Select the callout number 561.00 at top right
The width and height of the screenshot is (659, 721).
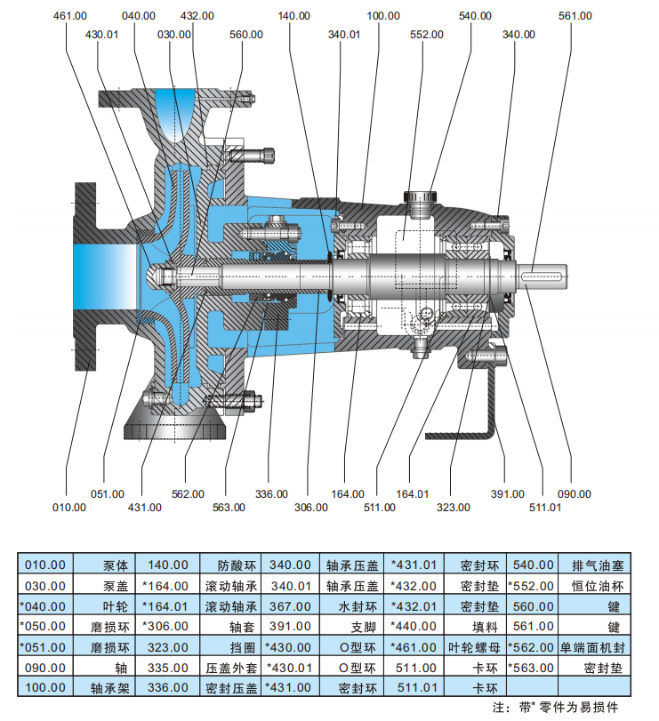coord(575,16)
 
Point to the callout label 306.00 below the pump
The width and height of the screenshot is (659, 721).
coord(310,507)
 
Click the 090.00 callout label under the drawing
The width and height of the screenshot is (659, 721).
coord(574,493)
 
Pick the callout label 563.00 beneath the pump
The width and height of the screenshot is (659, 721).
coord(228,507)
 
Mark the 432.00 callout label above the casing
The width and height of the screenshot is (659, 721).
coord(197,16)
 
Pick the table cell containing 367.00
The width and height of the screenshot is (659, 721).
coord(290,605)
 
